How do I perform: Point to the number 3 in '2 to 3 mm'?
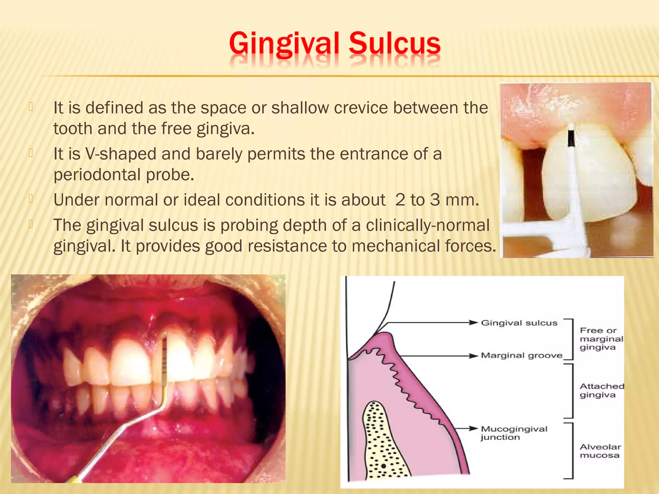pyautogui.click(x=435, y=200)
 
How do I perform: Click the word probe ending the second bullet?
pyautogui.click(x=170, y=175)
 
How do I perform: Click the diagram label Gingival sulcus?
pyautogui.click(x=519, y=323)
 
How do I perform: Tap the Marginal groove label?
pyautogui.click(x=521, y=355)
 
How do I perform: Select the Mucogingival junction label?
pyautogui.click(x=514, y=433)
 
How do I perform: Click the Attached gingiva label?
pyautogui.click(x=601, y=390)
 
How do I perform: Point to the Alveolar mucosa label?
pyautogui.click(x=600, y=451)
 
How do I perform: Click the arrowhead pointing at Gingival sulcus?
pyautogui.click(x=473, y=323)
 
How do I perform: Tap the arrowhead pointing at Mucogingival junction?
pyautogui.click(x=473, y=428)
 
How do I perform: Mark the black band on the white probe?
pyautogui.click(x=571, y=138)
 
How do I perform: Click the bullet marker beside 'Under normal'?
pyautogui.click(x=31, y=199)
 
